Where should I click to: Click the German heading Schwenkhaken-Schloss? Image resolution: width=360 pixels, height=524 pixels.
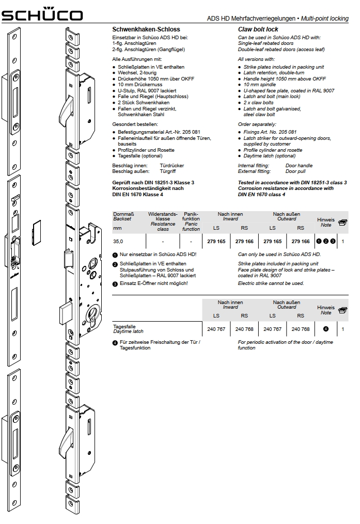tap(139, 30)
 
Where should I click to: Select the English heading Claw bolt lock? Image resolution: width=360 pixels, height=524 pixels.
tap(258, 30)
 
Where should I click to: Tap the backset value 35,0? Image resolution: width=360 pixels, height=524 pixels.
tap(118, 241)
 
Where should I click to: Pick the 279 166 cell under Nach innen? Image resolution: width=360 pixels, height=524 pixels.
tap(244, 241)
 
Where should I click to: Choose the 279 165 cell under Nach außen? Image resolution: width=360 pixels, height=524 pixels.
tap(273, 241)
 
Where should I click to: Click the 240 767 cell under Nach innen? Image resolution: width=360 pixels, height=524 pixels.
tap(216, 329)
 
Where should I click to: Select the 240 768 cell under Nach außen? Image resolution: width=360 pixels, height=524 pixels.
tap(301, 329)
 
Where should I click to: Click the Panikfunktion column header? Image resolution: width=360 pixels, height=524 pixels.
tap(191, 220)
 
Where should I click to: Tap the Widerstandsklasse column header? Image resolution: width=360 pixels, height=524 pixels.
tap(163, 220)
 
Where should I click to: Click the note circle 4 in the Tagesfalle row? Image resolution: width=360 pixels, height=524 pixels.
tap(326, 329)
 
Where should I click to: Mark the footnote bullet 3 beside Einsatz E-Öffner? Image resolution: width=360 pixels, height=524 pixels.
tap(115, 283)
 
